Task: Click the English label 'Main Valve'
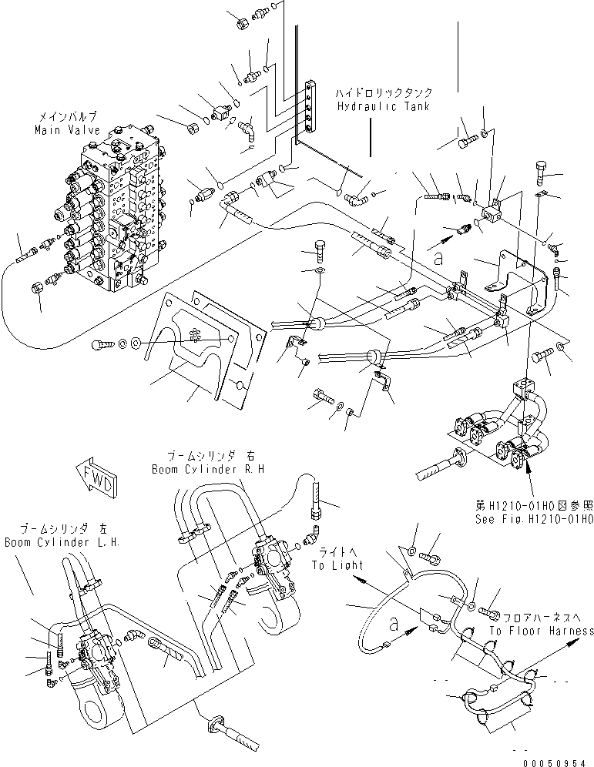(x=65, y=130)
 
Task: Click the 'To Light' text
(x=337, y=564)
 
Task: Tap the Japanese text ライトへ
(x=334, y=551)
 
